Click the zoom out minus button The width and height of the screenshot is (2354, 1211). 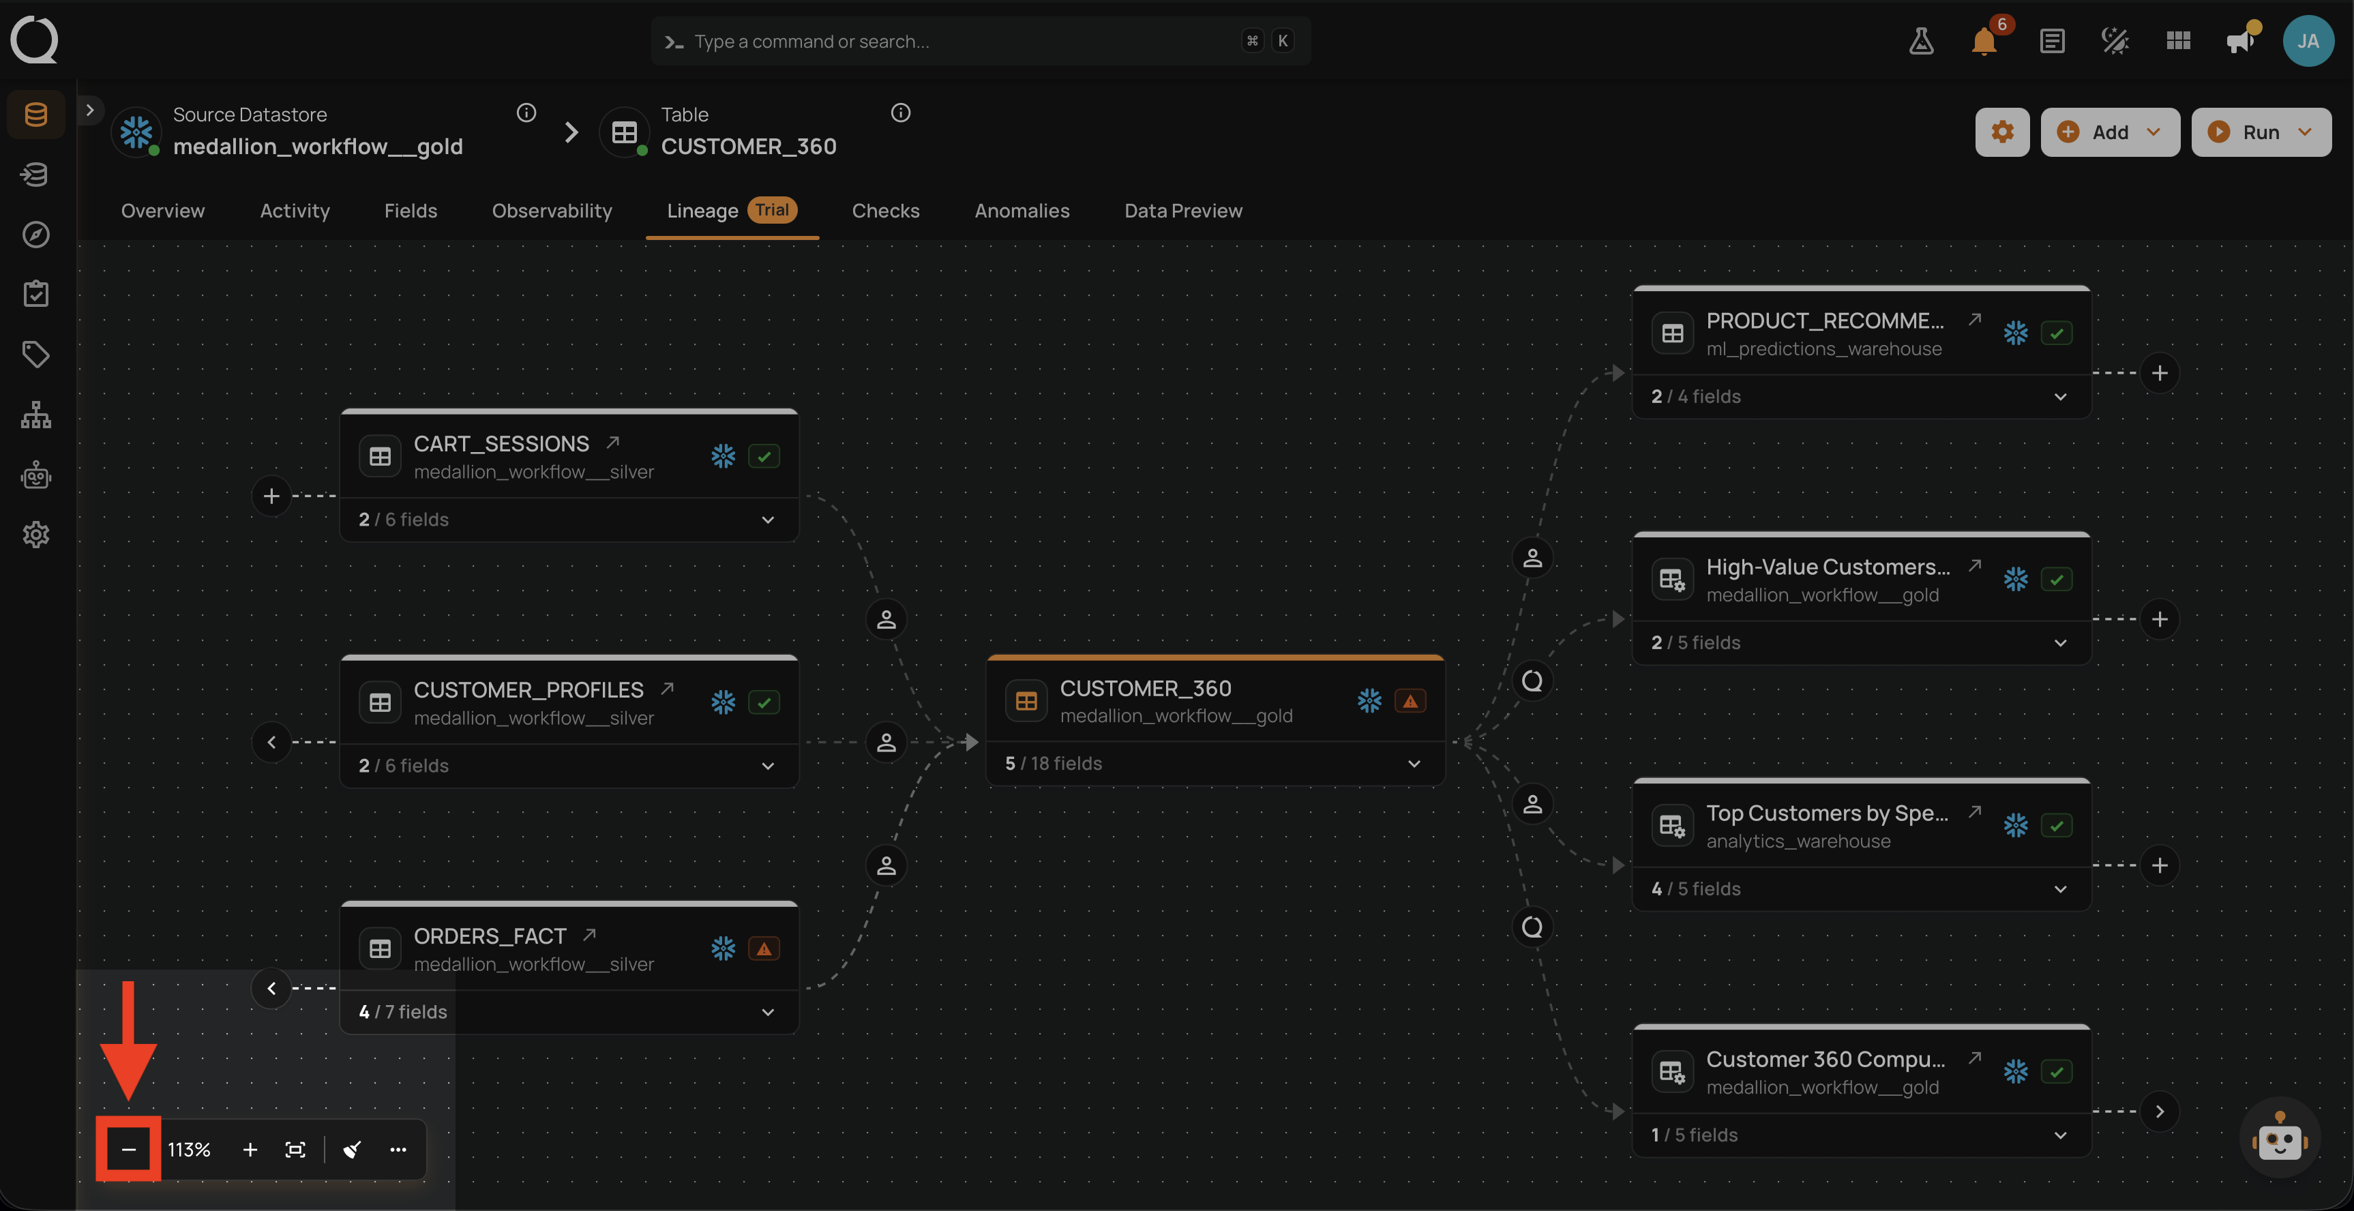pos(129,1149)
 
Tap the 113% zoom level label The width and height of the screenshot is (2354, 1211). pos(189,1149)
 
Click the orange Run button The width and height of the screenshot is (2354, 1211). pos(2261,132)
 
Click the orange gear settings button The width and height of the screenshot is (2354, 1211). pos(2002,132)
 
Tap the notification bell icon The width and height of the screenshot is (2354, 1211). pos(1984,41)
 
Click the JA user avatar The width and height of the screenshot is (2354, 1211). pos(2308,40)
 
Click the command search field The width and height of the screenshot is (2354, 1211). pos(981,40)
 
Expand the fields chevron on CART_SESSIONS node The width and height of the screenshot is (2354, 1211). pos(768,519)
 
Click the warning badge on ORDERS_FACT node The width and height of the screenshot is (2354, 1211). pos(764,948)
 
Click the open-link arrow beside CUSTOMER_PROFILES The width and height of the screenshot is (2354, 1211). pos(667,687)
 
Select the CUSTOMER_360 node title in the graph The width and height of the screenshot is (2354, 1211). pos(1145,687)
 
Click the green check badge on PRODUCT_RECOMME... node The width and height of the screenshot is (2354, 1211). pos(2056,333)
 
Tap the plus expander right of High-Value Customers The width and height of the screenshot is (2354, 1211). pos(2160,618)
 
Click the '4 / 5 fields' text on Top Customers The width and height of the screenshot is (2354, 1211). pos(1695,888)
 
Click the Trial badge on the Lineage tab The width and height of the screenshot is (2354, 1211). pos(772,209)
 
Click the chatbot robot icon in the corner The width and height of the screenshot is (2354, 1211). pos(2279,1137)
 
